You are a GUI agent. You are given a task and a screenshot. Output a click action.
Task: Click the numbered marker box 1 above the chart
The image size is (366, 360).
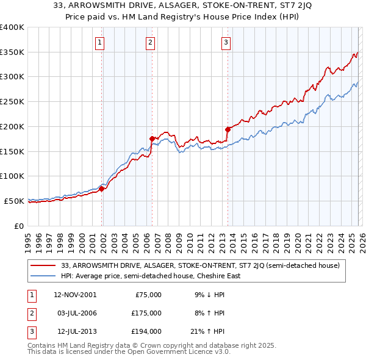point(99,42)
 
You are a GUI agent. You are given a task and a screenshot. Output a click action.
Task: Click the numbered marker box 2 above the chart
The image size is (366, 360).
point(149,42)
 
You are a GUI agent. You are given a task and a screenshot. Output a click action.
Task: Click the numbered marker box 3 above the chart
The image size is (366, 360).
point(226,42)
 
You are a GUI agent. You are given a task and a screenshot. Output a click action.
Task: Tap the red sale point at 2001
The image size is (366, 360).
point(102,189)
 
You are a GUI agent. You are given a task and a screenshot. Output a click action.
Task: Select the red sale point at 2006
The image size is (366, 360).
point(152,139)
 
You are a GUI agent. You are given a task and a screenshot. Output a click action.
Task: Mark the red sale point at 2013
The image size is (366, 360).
point(228,129)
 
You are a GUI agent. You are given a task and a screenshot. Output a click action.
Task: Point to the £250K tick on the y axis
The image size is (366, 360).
point(13,101)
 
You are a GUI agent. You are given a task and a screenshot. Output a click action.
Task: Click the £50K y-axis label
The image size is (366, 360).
point(15,201)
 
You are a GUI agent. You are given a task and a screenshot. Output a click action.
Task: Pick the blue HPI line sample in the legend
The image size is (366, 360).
point(44,276)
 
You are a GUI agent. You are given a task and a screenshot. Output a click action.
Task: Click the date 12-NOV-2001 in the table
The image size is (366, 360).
point(75,294)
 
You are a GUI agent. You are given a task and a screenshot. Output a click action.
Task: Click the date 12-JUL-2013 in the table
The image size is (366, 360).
point(74,331)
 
